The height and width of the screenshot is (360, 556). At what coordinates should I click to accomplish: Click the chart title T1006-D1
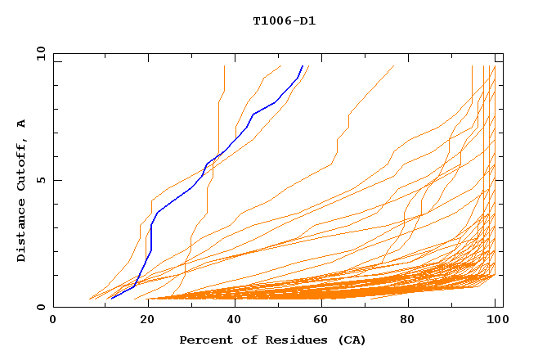click(284, 21)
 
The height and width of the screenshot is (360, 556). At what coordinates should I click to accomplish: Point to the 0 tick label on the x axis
click(53, 320)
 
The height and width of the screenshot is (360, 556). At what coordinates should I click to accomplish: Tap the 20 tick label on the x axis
click(142, 320)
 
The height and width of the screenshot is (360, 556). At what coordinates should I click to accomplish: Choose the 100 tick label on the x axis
click(496, 320)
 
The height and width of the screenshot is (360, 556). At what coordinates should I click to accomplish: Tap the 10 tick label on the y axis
click(39, 53)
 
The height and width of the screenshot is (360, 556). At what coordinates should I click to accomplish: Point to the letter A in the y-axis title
click(22, 124)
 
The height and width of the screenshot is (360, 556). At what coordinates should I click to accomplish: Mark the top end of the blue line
click(303, 66)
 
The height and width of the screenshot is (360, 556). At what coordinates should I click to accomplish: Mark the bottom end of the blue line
click(111, 299)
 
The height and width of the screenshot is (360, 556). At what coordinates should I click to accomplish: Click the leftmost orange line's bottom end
click(89, 299)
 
